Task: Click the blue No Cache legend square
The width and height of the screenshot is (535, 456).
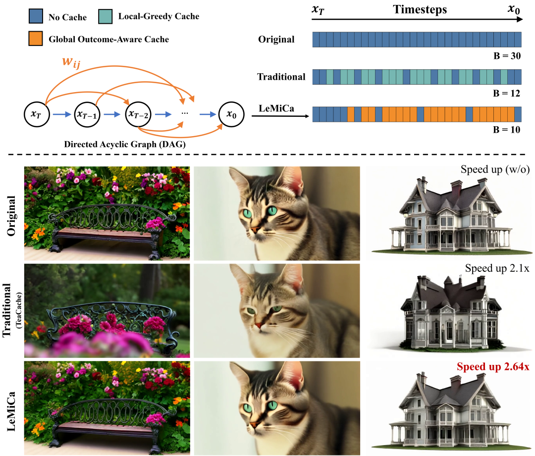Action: pos(36,17)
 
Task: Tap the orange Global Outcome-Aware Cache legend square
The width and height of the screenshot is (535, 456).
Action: pos(36,39)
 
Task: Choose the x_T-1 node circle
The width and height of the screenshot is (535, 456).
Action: pos(87,114)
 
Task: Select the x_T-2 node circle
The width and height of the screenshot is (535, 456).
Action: pos(138,114)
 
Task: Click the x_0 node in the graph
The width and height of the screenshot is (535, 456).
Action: pos(231,114)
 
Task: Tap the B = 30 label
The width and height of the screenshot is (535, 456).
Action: pos(508,56)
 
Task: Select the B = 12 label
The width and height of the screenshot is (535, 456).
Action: pos(508,94)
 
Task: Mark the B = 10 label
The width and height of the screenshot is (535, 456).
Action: pos(508,131)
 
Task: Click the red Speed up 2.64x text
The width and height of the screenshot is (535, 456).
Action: pos(493,367)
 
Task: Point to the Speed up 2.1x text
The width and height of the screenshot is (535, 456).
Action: pos(497,268)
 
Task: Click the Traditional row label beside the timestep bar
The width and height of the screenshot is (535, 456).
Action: pos(281,77)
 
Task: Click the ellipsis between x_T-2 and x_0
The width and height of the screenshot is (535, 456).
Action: pos(185,114)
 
